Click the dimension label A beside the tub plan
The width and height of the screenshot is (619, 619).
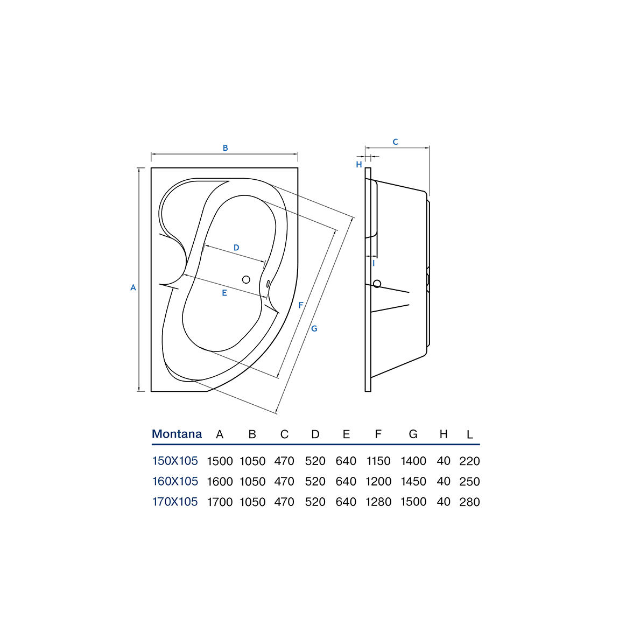[133, 287]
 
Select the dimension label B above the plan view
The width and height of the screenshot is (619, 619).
[226, 148]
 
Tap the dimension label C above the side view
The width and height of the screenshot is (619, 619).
[395, 142]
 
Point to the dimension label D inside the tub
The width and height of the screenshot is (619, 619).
[236, 248]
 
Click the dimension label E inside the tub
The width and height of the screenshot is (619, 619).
[224, 293]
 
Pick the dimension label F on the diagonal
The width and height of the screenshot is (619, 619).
[301, 305]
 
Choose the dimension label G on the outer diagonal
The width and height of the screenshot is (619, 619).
[314, 328]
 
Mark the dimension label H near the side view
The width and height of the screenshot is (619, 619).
[359, 165]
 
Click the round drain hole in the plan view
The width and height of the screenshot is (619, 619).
[246, 279]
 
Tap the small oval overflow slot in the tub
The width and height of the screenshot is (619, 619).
[268, 284]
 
